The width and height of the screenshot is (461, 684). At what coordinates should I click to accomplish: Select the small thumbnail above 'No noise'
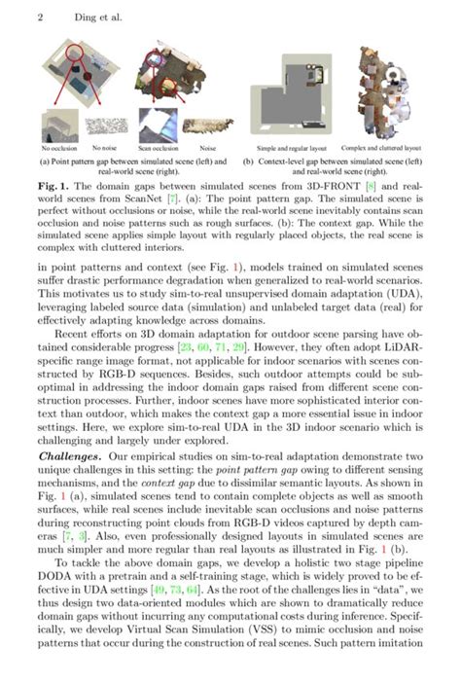click(x=101, y=127)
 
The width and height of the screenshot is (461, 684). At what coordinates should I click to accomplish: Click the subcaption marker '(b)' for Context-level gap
click(x=250, y=161)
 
